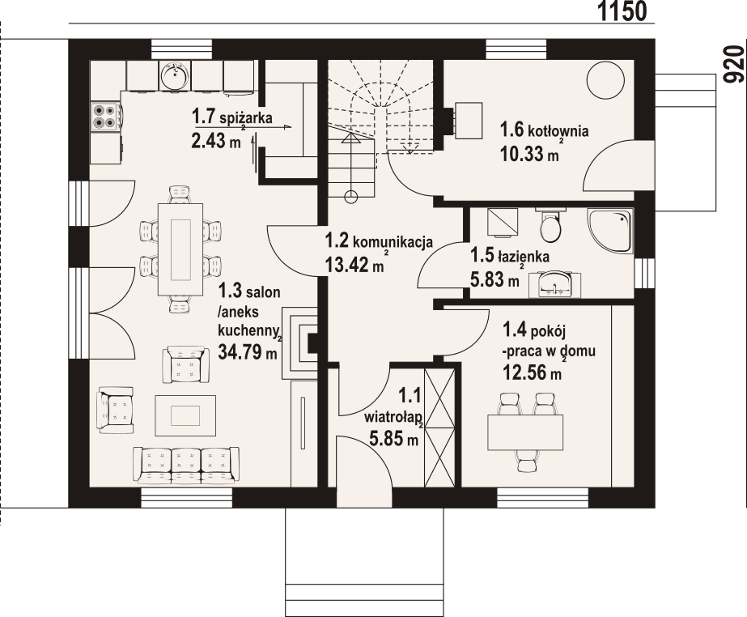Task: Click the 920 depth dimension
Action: pyautogui.click(x=733, y=65)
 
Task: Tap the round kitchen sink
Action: pyautogui.click(x=174, y=78)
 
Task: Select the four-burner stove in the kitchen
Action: pyautogui.click(x=104, y=116)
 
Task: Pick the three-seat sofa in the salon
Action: pyautogui.click(x=186, y=465)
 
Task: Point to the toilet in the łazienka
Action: pyautogui.click(x=551, y=226)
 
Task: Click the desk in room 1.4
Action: pyautogui.click(x=524, y=432)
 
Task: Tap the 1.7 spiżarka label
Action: pyautogui.click(x=231, y=118)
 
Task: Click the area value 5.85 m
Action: pyautogui.click(x=393, y=440)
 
